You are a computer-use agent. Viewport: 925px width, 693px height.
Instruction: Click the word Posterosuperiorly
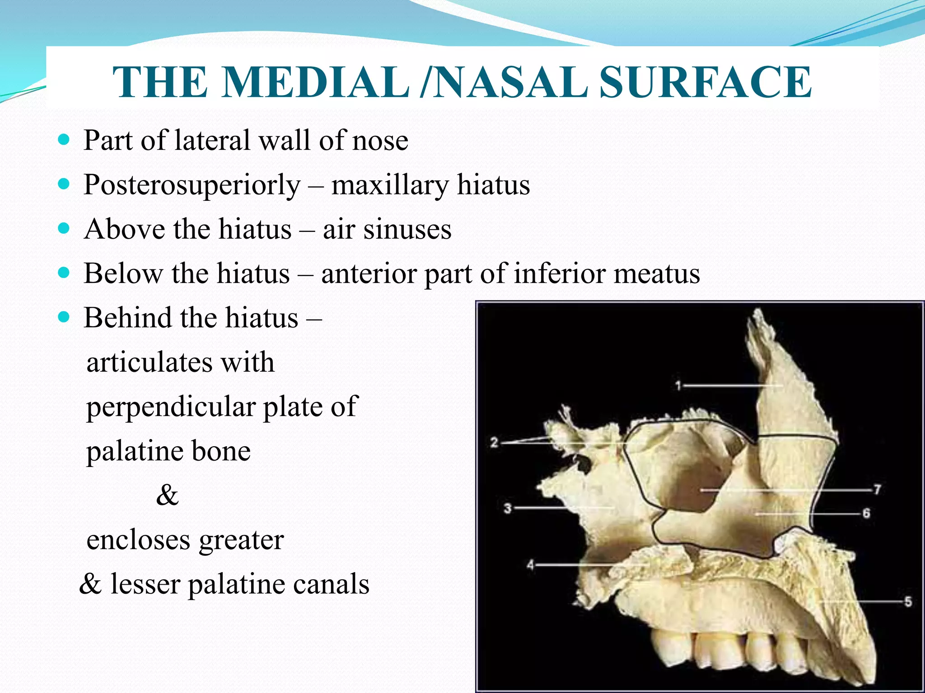192,185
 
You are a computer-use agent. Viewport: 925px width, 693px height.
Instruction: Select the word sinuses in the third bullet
407,229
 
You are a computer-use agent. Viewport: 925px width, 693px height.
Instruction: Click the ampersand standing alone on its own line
167,494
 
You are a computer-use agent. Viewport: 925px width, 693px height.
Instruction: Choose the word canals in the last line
331,584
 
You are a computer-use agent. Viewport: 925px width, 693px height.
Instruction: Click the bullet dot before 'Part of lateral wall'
64,140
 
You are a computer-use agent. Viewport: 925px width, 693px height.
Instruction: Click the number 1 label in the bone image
678,385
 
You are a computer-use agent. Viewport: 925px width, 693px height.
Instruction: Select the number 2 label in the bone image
494,443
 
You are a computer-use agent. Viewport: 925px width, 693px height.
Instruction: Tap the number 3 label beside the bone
508,508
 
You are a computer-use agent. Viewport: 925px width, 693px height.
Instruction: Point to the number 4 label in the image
530,564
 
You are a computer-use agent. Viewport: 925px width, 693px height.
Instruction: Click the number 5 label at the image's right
908,601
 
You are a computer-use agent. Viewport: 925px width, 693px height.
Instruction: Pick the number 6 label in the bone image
866,513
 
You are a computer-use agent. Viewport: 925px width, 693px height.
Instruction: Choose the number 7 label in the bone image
877,490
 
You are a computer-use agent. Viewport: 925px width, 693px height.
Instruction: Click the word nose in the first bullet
380,141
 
